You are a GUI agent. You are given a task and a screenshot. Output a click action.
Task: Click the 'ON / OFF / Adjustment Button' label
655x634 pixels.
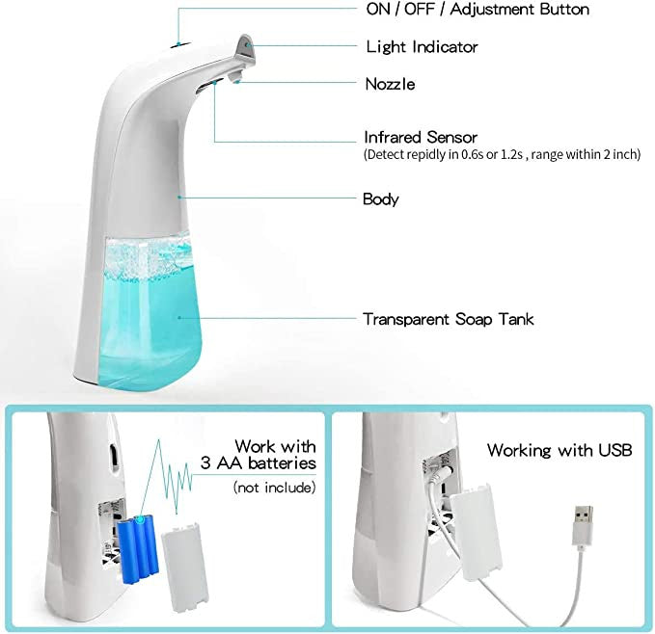click(x=478, y=9)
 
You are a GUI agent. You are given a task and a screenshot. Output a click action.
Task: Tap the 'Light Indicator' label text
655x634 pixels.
click(x=422, y=46)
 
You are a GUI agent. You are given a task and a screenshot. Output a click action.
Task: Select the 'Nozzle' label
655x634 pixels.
click(x=390, y=84)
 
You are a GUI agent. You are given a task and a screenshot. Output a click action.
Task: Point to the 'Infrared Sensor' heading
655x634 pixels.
click(x=420, y=137)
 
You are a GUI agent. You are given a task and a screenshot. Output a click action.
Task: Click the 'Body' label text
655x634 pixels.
click(x=380, y=199)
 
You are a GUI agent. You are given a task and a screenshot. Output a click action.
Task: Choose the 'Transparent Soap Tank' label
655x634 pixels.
click(x=448, y=318)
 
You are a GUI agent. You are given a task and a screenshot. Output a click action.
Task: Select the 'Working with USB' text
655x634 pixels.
click(x=559, y=450)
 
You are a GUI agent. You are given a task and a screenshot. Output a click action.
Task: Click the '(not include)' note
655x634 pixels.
click(x=274, y=488)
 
